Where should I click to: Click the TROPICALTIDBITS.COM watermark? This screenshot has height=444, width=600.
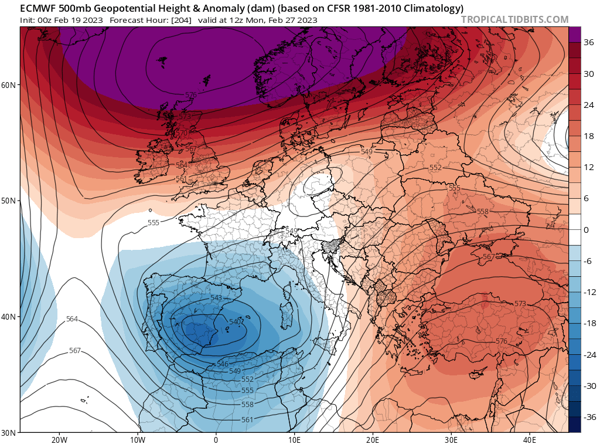tap(514, 19)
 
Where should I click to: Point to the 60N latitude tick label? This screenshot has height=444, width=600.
tap(9, 85)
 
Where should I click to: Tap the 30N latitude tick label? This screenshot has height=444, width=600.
tap(9, 432)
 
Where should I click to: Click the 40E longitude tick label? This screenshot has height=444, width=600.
tap(529, 439)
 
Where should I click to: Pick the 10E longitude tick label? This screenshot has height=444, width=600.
tap(294, 439)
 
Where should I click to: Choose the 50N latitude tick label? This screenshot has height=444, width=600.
tap(9, 201)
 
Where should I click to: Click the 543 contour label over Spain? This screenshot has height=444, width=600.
tap(216, 299)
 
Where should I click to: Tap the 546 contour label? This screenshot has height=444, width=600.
tap(223, 364)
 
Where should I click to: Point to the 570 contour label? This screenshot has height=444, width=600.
tap(182, 134)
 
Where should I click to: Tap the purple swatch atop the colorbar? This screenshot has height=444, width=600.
tap(574, 34)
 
